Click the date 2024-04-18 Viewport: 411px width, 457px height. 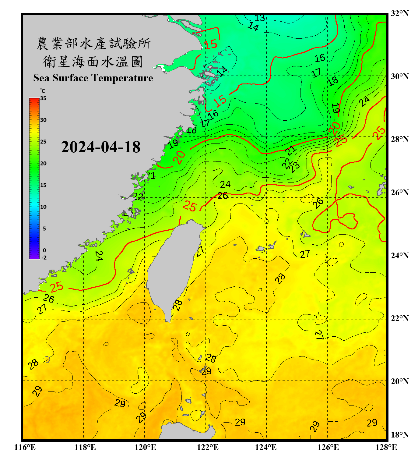tap(100, 147)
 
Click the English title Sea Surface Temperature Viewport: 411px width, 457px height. tap(93, 78)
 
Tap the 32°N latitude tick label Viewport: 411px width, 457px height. tap(399, 13)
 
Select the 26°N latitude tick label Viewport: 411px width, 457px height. tap(399, 193)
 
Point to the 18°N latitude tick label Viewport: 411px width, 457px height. tap(399, 435)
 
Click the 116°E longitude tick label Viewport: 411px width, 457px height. tap(25, 447)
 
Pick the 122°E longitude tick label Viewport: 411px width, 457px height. tap(208, 447)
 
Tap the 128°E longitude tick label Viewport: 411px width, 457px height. tap(386, 447)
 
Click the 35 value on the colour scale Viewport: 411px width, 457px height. tap(43, 98)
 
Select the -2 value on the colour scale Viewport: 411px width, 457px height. tap(44, 258)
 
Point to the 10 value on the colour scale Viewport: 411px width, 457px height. tap(43, 207)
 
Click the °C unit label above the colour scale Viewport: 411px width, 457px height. tap(43, 91)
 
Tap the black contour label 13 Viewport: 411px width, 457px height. tap(260, 18)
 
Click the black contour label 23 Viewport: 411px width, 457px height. tap(295, 167)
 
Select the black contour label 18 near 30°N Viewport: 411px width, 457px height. tap(333, 81)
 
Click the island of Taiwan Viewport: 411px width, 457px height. tap(174, 265)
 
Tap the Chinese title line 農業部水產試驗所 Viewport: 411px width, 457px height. tap(93, 44)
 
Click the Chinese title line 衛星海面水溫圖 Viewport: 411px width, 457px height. tap(93, 62)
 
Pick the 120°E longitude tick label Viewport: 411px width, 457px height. tap(145, 447)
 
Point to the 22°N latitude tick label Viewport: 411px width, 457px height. tap(399, 318)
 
